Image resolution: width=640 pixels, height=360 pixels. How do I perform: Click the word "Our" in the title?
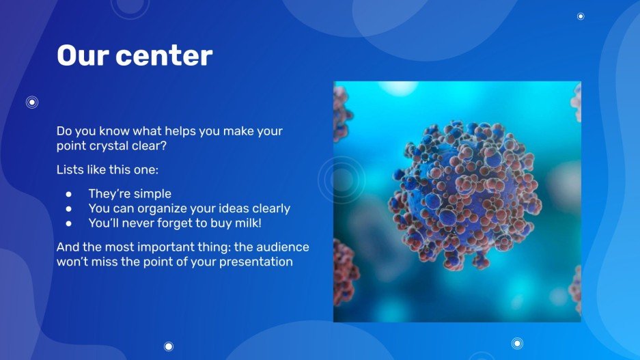(83, 55)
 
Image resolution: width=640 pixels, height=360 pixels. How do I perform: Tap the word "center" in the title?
(164, 56)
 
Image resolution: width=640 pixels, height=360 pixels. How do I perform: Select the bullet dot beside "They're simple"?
(68, 194)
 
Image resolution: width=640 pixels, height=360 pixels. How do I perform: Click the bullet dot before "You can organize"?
(68, 209)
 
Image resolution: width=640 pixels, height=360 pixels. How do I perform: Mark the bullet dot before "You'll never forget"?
(68, 223)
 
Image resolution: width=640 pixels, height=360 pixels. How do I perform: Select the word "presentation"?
(256, 262)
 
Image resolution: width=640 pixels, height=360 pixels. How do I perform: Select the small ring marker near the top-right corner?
(581, 16)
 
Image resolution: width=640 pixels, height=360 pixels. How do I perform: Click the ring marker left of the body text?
(32, 102)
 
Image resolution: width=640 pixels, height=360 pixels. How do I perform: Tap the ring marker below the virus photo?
(517, 344)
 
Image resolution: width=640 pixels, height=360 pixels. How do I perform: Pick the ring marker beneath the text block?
(169, 346)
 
